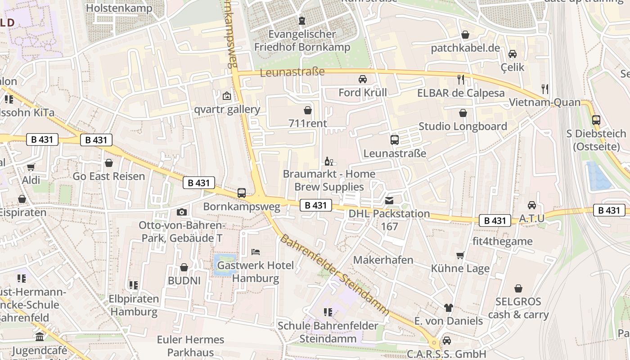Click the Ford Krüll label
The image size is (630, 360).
363,93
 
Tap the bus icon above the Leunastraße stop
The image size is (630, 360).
395,140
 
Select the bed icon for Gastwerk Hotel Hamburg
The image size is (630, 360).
256,252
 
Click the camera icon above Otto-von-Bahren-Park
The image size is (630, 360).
182,212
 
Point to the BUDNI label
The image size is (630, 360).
184,281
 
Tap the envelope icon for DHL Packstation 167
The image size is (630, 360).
389,200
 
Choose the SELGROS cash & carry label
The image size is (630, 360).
518,308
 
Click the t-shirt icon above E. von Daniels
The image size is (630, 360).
448,308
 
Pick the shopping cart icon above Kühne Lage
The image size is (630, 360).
460,255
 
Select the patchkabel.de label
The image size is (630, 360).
465,48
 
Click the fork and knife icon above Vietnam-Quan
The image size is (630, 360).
545,89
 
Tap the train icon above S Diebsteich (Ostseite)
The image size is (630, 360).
596,120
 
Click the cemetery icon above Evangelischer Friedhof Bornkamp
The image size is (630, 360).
302,21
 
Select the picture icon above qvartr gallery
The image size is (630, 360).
227,96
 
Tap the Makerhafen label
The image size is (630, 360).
383,260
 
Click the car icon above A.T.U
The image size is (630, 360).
532,205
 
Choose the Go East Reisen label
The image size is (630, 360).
109,176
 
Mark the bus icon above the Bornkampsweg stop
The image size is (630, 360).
242,193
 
